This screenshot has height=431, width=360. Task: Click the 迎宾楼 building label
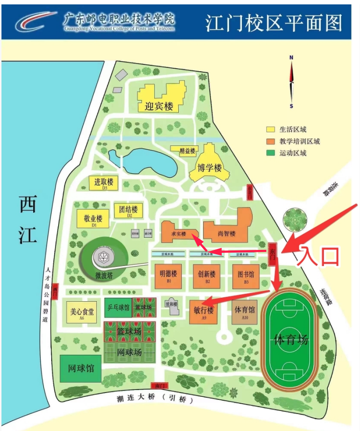click(x=159, y=106)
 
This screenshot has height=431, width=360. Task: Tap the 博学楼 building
click(x=210, y=168)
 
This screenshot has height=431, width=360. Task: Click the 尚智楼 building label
click(x=227, y=234)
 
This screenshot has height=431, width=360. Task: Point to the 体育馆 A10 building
click(x=245, y=311)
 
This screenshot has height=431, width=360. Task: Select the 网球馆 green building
click(x=81, y=369)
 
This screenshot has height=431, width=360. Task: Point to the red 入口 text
click(x=319, y=256)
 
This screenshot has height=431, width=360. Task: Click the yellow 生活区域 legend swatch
click(x=270, y=130)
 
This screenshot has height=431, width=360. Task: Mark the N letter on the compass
click(x=291, y=58)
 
